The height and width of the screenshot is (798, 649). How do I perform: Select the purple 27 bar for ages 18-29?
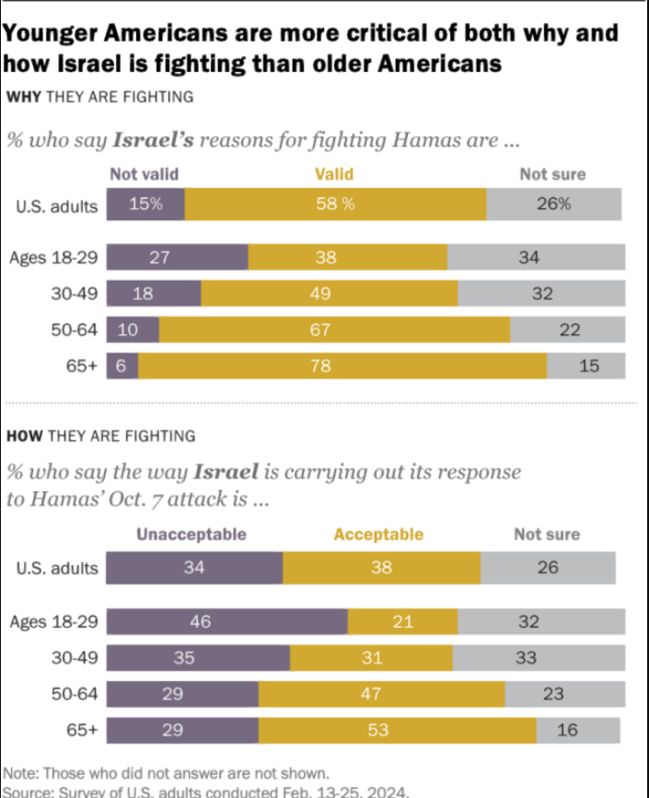(x=178, y=258)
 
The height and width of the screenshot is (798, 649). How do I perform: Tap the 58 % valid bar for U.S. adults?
(x=335, y=204)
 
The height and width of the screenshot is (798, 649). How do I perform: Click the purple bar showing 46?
(x=226, y=621)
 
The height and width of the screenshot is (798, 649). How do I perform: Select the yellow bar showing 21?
(x=402, y=621)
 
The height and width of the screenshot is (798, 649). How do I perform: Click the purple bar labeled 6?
(x=122, y=365)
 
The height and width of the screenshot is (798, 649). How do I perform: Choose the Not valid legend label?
(x=145, y=174)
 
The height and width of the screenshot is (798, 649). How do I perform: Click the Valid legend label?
(x=334, y=174)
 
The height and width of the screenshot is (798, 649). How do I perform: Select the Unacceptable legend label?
(x=191, y=534)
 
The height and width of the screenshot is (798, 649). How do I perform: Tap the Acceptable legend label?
(x=378, y=534)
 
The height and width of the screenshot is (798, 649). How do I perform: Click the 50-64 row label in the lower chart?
(x=75, y=694)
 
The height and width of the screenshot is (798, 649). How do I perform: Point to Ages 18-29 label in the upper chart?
(x=53, y=258)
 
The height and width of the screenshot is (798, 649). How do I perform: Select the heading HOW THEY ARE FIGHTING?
(x=100, y=435)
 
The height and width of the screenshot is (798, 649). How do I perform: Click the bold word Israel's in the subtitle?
(x=154, y=141)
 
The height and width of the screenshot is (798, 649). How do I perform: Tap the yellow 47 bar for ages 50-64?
(x=381, y=694)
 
